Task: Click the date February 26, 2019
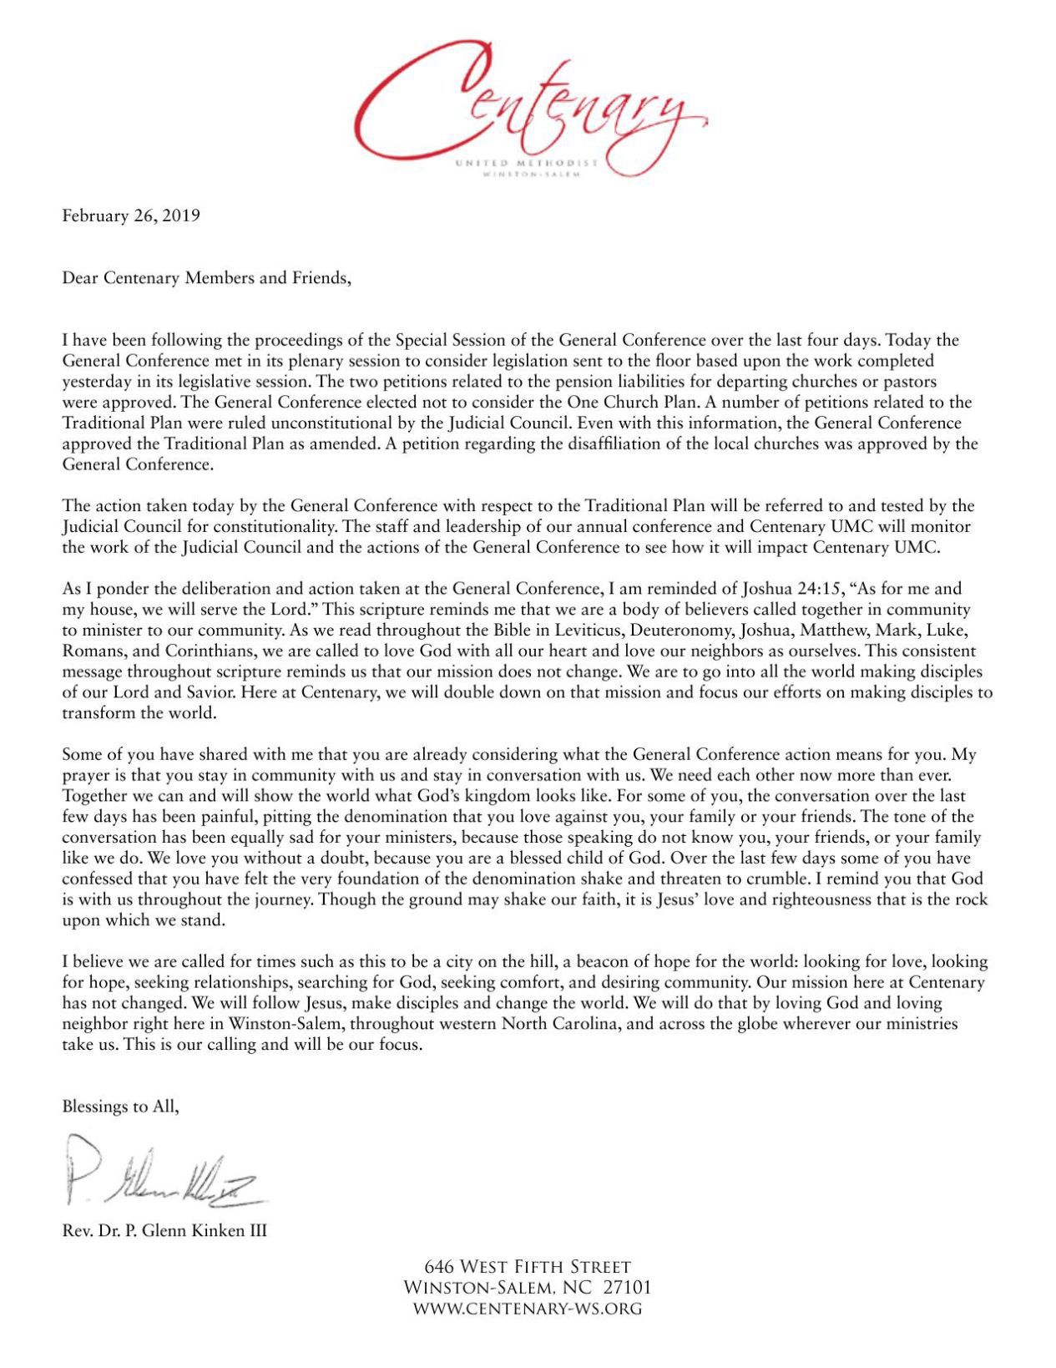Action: coord(131,215)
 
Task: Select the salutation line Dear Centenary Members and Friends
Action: coord(207,278)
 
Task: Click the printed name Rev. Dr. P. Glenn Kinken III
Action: coord(164,1230)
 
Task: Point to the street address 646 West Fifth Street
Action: coord(528,1267)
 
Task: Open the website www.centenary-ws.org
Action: coord(528,1309)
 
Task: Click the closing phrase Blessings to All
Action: coord(120,1107)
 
